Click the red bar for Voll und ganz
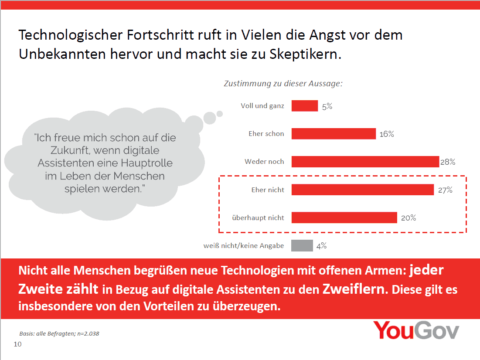[x=304, y=106]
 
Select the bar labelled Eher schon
[x=334, y=134]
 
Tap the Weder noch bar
[x=365, y=162]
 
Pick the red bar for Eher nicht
[x=362, y=190]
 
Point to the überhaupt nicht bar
[x=344, y=217]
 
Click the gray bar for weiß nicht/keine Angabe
[x=302, y=246]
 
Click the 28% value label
[x=448, y=162]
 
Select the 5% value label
[x=327, y=106]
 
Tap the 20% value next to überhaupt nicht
[x=409, y=218]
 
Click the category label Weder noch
[x=264, y=162]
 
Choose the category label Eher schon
[x=266, y=134]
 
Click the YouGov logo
[x=416, y=331]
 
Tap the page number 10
[x=18, y=344]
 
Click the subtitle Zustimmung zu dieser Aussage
[x=283, y=84]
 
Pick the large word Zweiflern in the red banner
[x=354, y=289]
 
